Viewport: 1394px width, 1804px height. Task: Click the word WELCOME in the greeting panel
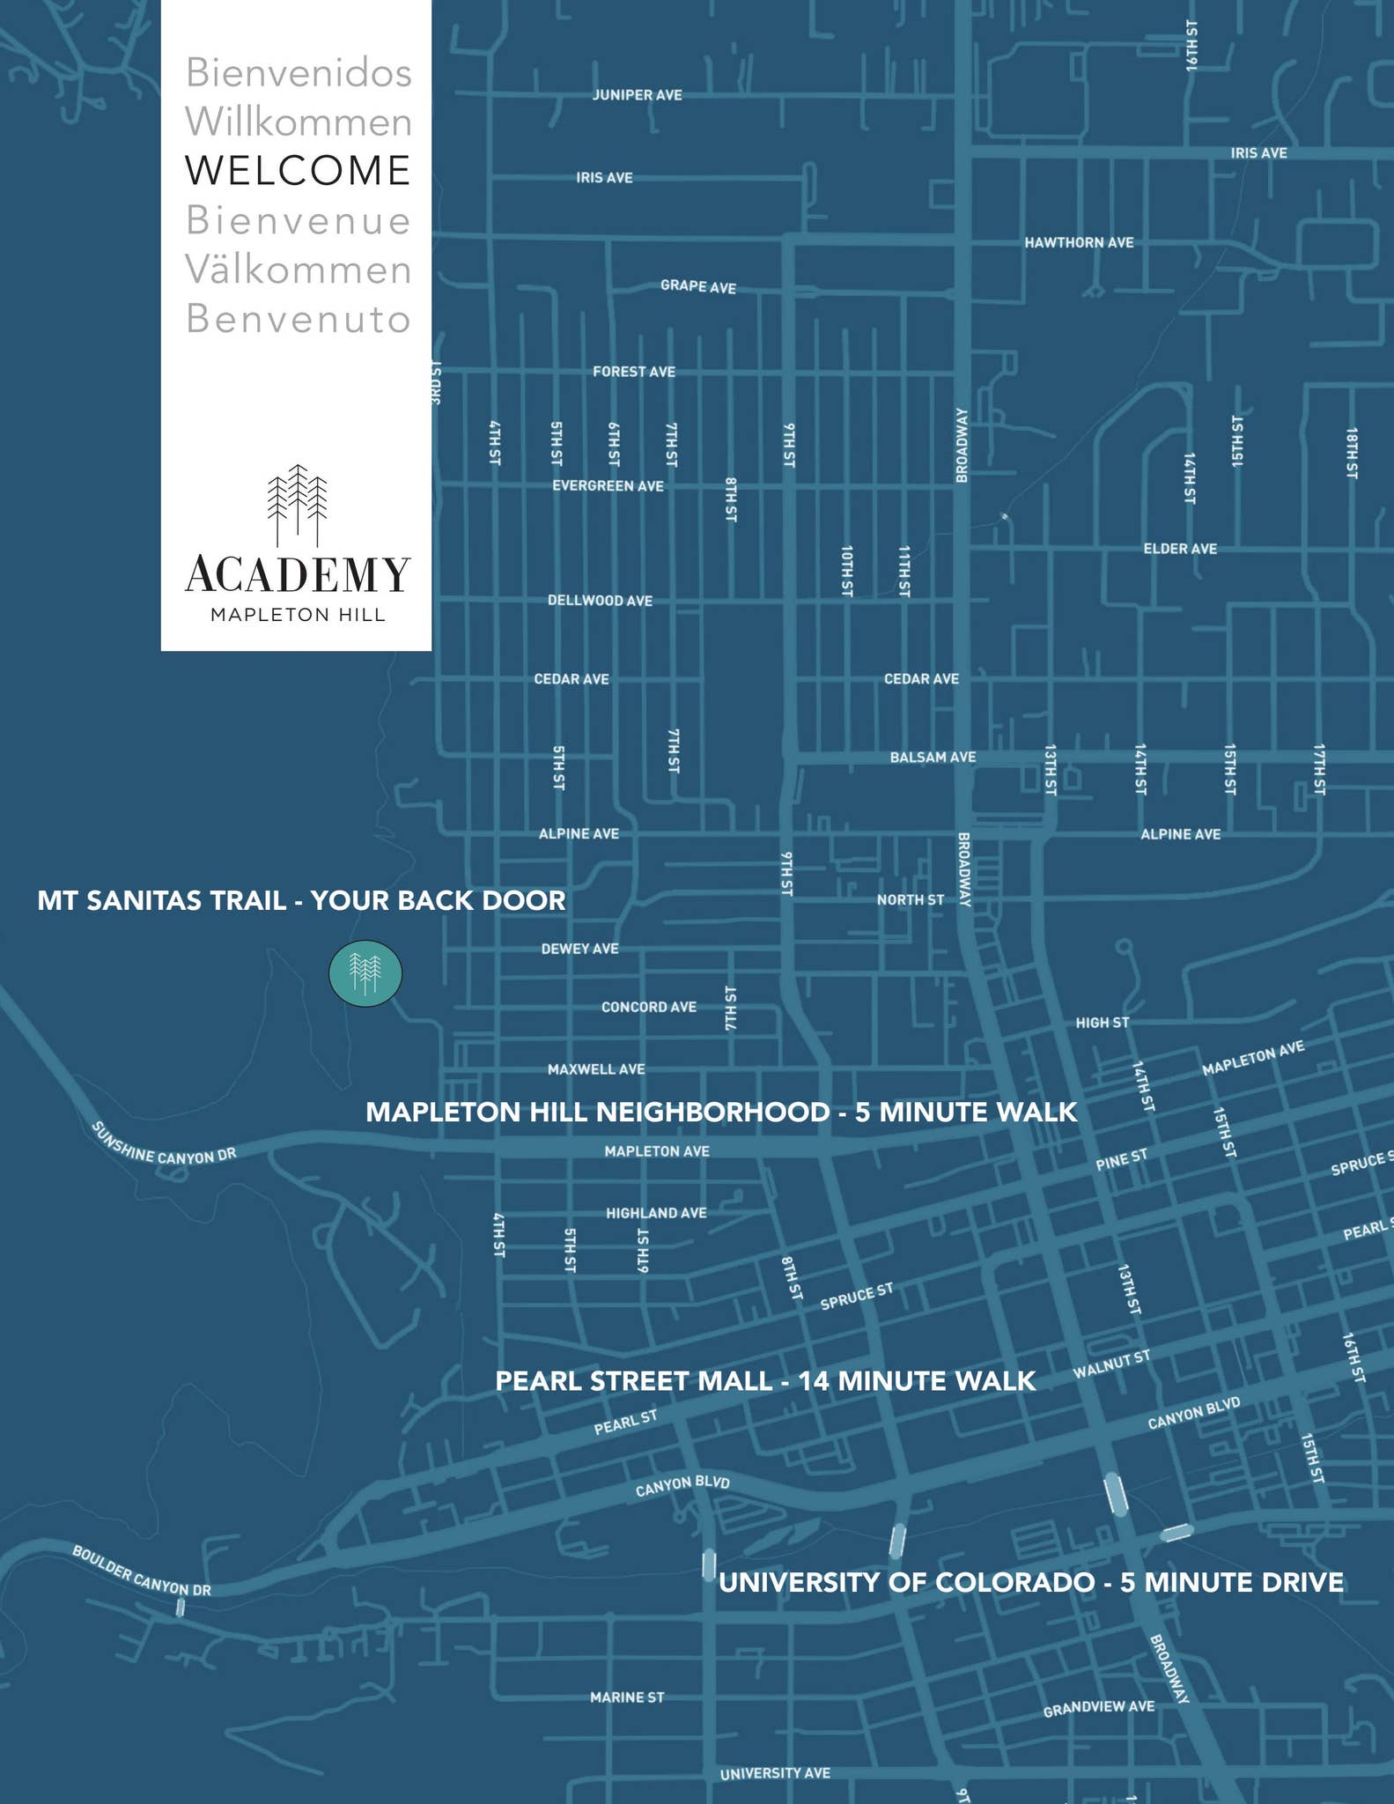click(x=298, y=170)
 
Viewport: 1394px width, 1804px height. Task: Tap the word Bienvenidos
click(x=299, y=73)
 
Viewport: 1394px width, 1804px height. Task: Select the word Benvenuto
click(x=299, y=319)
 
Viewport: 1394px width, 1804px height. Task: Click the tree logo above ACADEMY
click(x=298, y=505)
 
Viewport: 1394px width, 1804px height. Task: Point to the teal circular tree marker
click(x=365, y=973)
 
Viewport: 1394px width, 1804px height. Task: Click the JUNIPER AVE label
click(x=638, y=95)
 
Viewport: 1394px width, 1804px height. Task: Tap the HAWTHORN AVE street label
click(x=1079, y=242)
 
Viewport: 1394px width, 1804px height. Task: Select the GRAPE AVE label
click(x=698, y=286)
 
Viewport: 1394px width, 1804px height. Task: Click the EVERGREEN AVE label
click(x=608, y=486)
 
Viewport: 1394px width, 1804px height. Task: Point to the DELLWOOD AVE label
click(x=600, y=601)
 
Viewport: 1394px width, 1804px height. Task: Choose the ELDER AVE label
click(x=1180, y=549)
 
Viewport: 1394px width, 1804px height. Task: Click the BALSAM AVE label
click(x=933, y=758)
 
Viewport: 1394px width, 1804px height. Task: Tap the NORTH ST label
click(x=910, y=899)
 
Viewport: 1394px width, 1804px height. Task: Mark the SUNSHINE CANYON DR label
click(x=164, y=1144)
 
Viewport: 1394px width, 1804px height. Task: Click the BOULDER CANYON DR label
click(x=141, y=1571)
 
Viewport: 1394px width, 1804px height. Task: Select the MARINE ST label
click(x=627, y=1697)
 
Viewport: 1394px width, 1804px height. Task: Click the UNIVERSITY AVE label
click(x=775, y=1773)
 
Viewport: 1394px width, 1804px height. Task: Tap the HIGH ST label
click(x=1102, y=1023)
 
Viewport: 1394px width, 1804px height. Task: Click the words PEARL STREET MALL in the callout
click(x=633, y=1380)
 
